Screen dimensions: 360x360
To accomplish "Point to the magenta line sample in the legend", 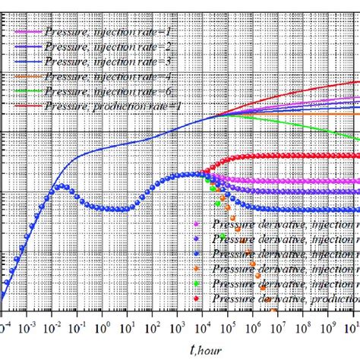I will click(x=30, y=32).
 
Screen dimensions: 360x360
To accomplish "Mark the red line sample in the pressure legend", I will click(x=30, y=104).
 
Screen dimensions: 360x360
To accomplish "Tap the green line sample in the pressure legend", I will click(x=30, y=90).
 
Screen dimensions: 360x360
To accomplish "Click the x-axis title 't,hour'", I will click(x=179, y=349).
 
